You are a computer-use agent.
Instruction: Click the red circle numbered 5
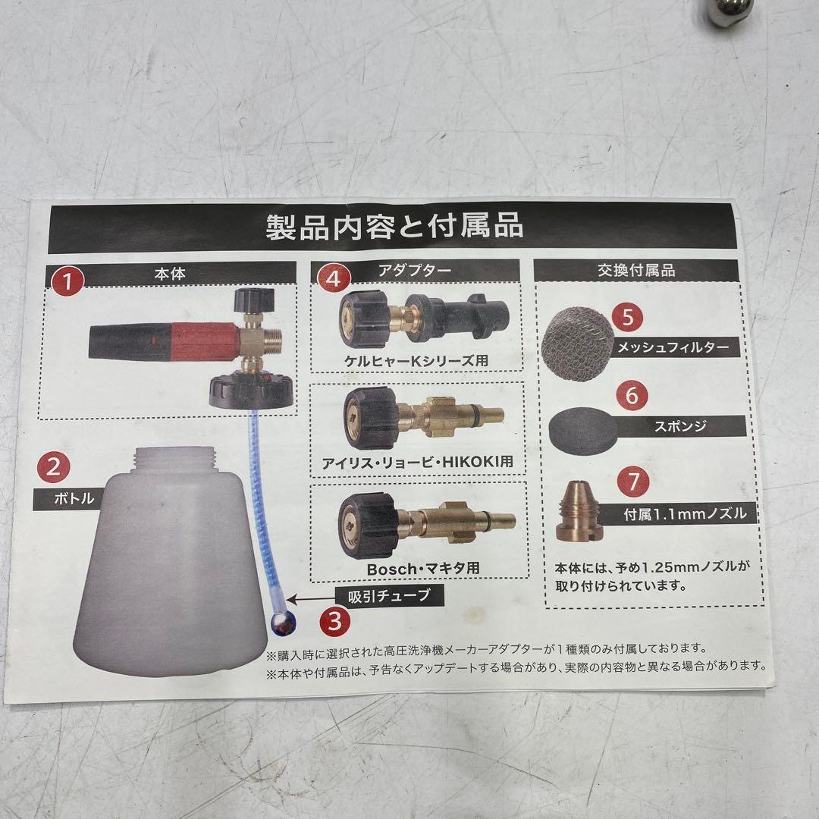tap(628, 317)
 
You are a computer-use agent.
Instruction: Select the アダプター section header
tap(416, 269)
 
